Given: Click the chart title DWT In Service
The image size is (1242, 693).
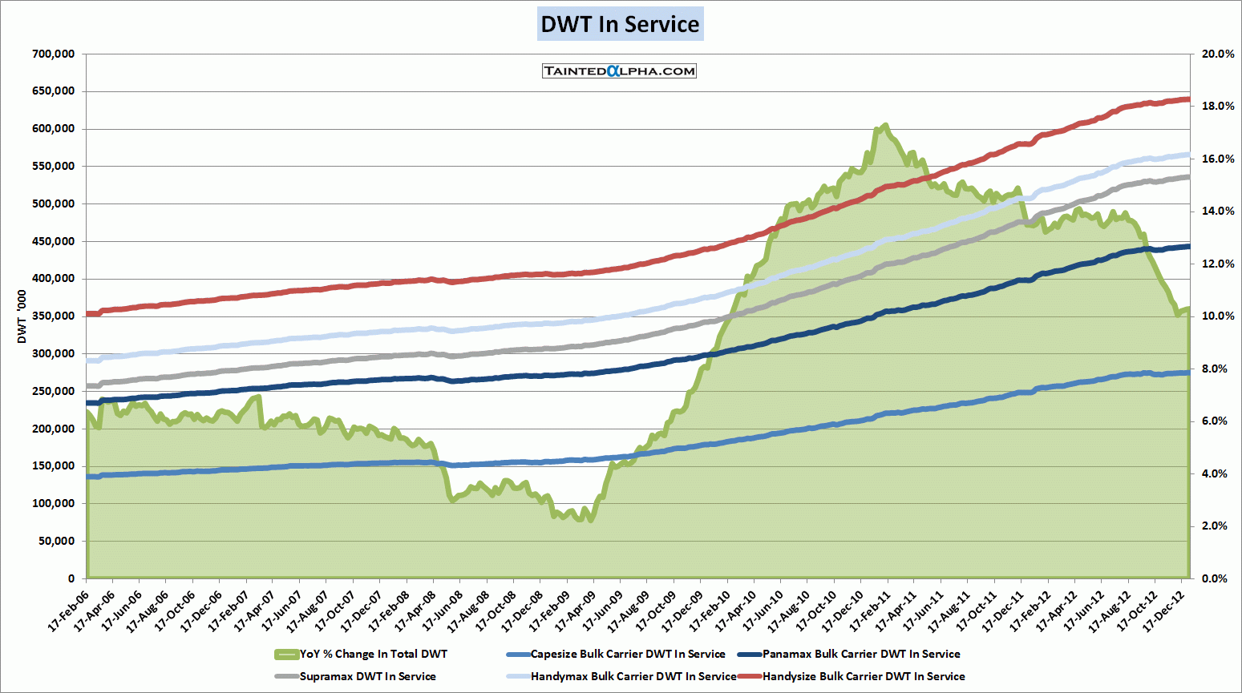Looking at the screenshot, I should coord(620,24).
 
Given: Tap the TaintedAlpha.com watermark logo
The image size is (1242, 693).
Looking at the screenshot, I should coord(619,71).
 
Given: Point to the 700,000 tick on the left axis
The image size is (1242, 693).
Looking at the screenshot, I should coord(54,54).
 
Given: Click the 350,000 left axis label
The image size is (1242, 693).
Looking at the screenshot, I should coord(54,316).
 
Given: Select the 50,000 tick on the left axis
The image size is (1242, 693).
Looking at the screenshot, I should coord(57,542).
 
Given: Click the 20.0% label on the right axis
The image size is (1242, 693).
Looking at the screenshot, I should coord(1217,54).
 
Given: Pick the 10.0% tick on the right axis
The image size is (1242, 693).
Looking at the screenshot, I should coord(1217,316).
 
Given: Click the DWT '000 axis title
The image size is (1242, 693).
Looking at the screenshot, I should coord(22,317).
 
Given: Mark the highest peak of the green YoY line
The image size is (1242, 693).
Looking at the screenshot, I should coord(885,126).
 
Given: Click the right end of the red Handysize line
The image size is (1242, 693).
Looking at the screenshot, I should coord(1187,99).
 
